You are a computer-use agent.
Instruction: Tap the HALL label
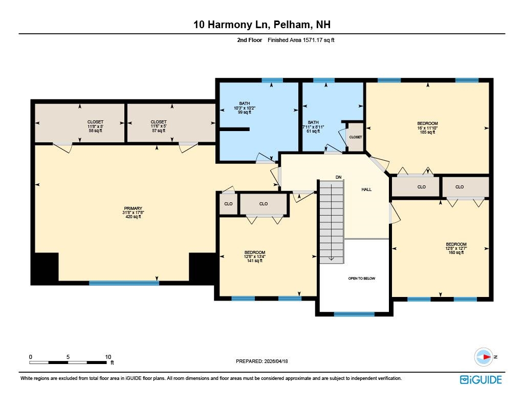pyautogui.click(x=366, y=189)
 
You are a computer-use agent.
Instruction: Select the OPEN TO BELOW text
pyautogui.click(x=362, y=278)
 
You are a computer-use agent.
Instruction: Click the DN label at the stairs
pyautogui.click(x=339, y=177)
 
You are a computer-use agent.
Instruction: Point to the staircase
pyautogui.click(x=332, y=222)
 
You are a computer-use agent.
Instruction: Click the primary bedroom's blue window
pyautogui.click(x=124, y=283)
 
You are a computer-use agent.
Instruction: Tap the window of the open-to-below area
pyautogui.click(x=354, y=314)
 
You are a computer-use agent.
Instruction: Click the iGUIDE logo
pyautogui.click(x=481, y=379)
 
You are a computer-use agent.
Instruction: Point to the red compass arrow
pyautogui.click(x=487, y=357)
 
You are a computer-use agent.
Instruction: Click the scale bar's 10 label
pyautogui.click(x=108, y=357)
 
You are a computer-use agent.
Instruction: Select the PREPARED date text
pyautogui.click(x=261, y=361)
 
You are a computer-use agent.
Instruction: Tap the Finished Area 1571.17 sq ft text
pyautogui.click(x=301, y=40)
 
